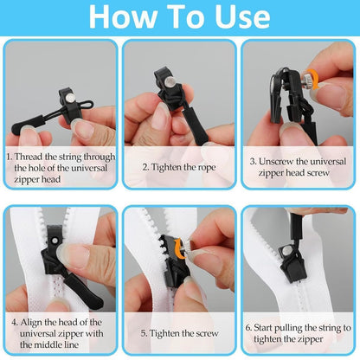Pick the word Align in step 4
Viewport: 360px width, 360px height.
pos(36,322)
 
